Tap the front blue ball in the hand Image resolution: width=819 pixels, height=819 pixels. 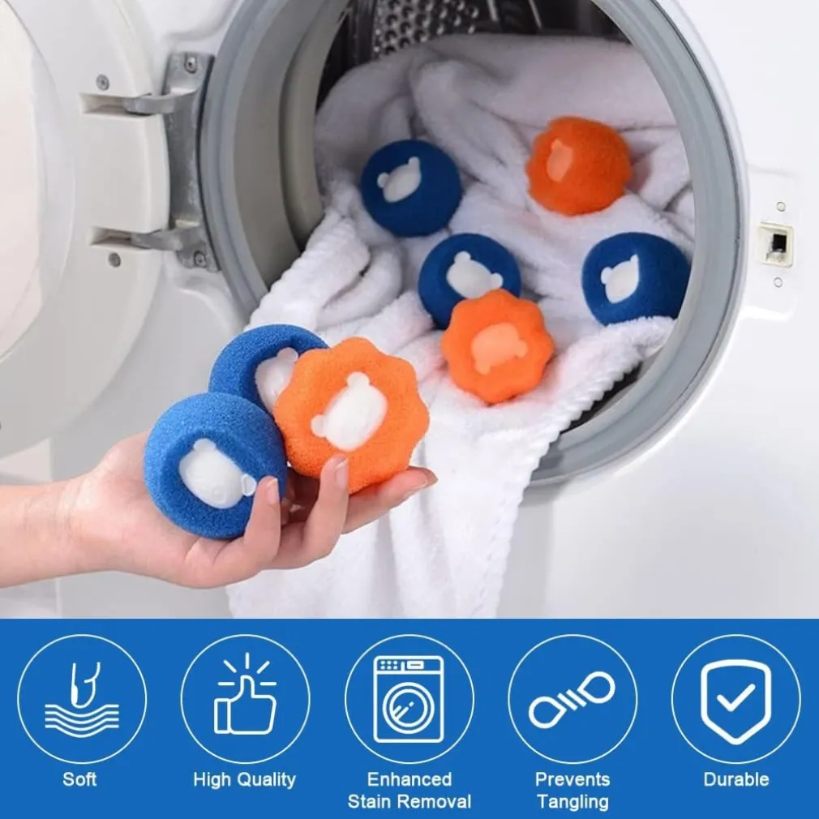pyautogui.click(x=215, y=465)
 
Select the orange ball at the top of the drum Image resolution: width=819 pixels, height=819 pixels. pyautogui.click(x=578, y=165)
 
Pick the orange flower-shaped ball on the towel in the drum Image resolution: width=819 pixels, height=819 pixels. pyautogui.click(x=497, y=346)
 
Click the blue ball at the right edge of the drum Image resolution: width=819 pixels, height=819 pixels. pyautogui.click(x=636, y=279)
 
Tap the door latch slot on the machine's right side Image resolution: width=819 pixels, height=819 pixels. pyautogui.click(x=776, y=243)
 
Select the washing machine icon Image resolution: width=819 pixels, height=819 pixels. pyautogui.click(x=409, y=699)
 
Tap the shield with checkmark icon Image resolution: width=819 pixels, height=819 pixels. pyautogui.click(x=736, y=701)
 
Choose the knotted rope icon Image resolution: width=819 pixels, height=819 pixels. pyautogui.click(x=572, y=700)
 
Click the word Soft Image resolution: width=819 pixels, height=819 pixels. pyautogui.click(x=79, y=779)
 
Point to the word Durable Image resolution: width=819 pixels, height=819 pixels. pyautogui.click(x=736, y=779)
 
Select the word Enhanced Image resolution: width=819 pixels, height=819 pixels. pyautogui.click(x=409, y=779)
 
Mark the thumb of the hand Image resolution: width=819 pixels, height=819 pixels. pyautogui.click(x=271, y=500)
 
